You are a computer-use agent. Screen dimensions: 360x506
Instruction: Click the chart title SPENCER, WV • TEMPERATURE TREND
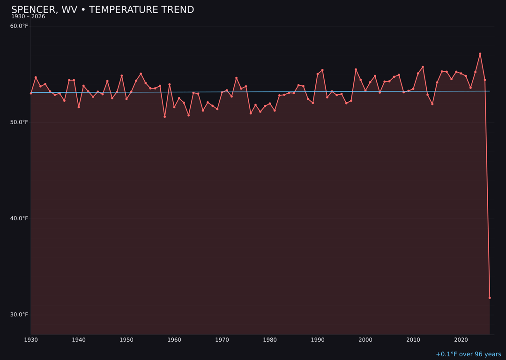coord(103,10)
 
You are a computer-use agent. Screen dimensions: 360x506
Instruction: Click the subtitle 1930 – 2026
coord(28,16)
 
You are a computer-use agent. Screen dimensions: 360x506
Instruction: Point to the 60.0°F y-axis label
coord(19,26)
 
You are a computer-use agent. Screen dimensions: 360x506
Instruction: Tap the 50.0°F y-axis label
coord(19,122)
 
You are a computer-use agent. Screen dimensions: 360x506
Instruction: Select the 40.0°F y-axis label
coord(19,218)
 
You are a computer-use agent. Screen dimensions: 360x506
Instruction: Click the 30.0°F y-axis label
coord(19,315)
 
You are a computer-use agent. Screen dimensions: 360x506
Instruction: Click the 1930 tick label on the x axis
coord(31,339)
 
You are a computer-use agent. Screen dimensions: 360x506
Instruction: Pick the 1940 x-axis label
coord(79,339)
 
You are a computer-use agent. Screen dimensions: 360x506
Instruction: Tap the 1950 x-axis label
coord(126,339)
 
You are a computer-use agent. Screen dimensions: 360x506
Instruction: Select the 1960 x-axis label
coord(174,339)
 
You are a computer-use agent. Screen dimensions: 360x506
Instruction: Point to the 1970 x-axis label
coord(222,339)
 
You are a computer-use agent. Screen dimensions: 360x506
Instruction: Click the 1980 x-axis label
coord(270,339)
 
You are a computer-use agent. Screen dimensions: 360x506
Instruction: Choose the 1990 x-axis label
coord(318,339)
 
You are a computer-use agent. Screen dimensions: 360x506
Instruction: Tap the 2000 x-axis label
coord(365,339)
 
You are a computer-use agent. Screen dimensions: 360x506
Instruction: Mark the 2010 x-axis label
coord(413,339)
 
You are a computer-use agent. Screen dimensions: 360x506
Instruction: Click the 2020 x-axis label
coord(461,339)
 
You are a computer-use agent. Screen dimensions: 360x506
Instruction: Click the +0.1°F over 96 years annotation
coord(468,354)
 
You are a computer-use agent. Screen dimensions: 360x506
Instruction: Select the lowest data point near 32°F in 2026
coord(490,298)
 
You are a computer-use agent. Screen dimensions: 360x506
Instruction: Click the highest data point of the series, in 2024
coord(480,54)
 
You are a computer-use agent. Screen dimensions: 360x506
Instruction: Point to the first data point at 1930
coord(31,93)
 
